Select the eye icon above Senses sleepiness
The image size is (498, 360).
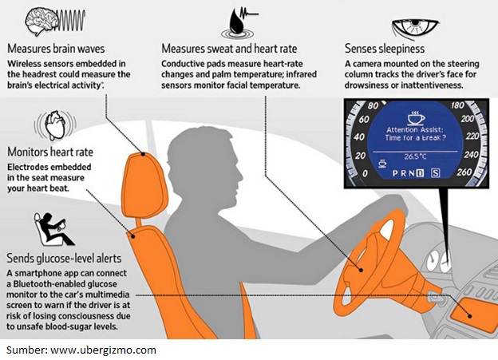pos(414,29)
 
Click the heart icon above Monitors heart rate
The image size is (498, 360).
pos(55,125)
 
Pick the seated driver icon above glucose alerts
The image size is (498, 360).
pos(53,229)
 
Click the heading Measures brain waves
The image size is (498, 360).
pos(56,49)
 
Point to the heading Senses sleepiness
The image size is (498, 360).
pos(385,49)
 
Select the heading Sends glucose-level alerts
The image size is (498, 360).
pos(64,258)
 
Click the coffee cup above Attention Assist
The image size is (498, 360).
pos(416,118)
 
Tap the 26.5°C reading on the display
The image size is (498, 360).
pos(415,156)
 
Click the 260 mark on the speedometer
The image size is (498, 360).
pos(464,172)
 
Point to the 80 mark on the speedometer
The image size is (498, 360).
pos(373,105)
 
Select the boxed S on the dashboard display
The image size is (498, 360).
pos(436,173)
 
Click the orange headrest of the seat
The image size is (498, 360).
pos(144,184)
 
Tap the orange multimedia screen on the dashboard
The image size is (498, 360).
pos(473,315)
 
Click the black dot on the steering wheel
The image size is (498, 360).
pos(361,270)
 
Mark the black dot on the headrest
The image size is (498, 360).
pos(143,154)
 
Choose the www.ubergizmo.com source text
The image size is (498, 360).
pos(104,350)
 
